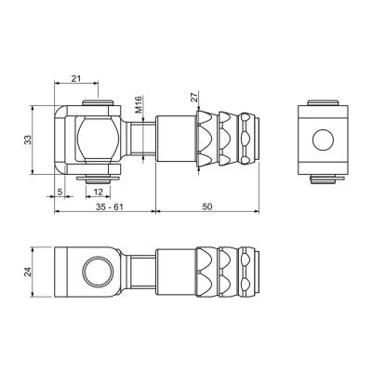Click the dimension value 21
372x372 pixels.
pyautogui.click(x=76, y=79)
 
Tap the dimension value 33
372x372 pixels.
pyautogui.click(x=28, y=139)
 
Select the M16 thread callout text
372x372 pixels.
pyautogui.click(x=139, y=104)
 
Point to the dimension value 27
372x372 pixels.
pyautogui.click(x=194, y=99)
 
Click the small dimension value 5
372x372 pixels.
pyautogui.click(x=60, y=192)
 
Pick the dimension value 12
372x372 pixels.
pyautogui.click(x=98, y=192)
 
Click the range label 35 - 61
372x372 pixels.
pyautogui.click(x=110, y=206)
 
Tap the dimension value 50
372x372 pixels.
pyautogui.click(x=207, y=206)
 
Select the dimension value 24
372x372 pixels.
pyautogui.click(x=28, y=272)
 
